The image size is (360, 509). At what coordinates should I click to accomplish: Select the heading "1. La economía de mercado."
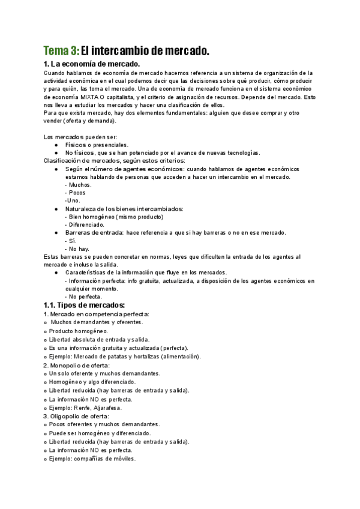tap(91, 64)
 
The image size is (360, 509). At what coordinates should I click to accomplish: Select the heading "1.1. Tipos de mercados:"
tap(84, 305)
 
